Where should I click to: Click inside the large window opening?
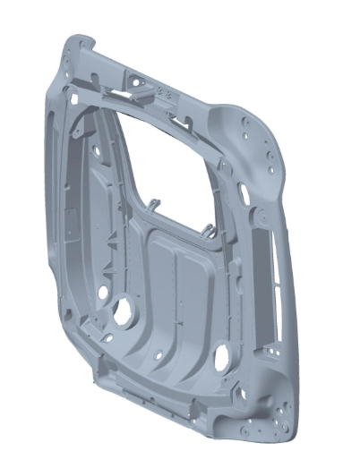(x=170, y=161)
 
